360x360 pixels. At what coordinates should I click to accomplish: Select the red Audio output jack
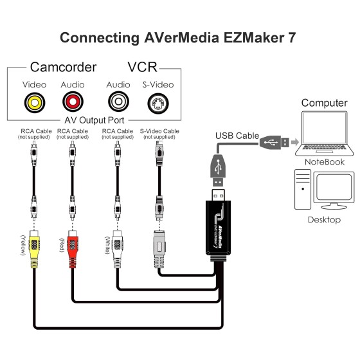tap(72, 102)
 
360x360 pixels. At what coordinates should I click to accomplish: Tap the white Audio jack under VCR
tap(118, 102)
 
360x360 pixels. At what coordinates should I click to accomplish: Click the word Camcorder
tap(63, 67)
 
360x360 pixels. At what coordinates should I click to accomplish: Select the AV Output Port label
tap(95, 121)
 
